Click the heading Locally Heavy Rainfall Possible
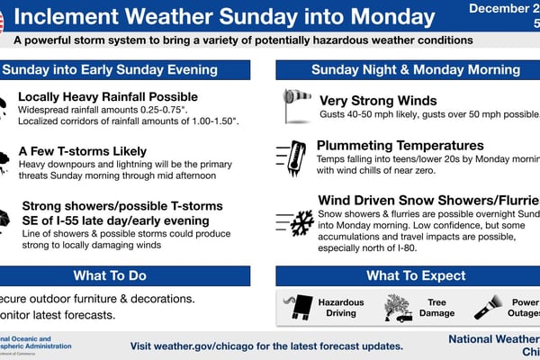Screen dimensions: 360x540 [x=108, y=97]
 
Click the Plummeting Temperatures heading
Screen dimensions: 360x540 [x=400, y=146]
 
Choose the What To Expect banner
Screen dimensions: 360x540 [x=406, y=275]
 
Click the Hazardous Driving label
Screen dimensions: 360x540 [x=341, y=308]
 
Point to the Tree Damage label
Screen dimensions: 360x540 [x=436, y=308]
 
